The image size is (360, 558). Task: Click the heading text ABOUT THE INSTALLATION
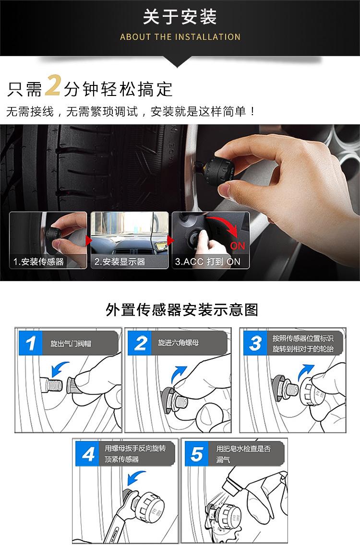(x=180, y=36)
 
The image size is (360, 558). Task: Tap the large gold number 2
(x=53, y=85)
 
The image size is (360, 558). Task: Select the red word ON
(x=238, y=246)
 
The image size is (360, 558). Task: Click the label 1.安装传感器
(x=38, y=261)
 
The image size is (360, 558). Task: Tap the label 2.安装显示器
(x=120, y=261)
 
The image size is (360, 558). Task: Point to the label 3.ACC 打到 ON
(x=207, y=261)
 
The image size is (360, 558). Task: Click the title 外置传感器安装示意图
(x=181, y=309)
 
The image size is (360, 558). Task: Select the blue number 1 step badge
(x=30, y=343)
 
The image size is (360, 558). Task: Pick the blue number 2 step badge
(x=140, y=343)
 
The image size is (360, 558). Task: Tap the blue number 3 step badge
(x=255, y=343)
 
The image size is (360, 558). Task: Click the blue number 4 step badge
(x=87, y=454)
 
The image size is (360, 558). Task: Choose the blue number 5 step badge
(x=197, y=454)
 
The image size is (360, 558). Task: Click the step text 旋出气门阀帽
(x=71, y=344)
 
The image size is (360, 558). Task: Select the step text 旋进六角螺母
(x=179, y=343)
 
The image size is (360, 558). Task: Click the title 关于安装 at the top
(x=180, y=17)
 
